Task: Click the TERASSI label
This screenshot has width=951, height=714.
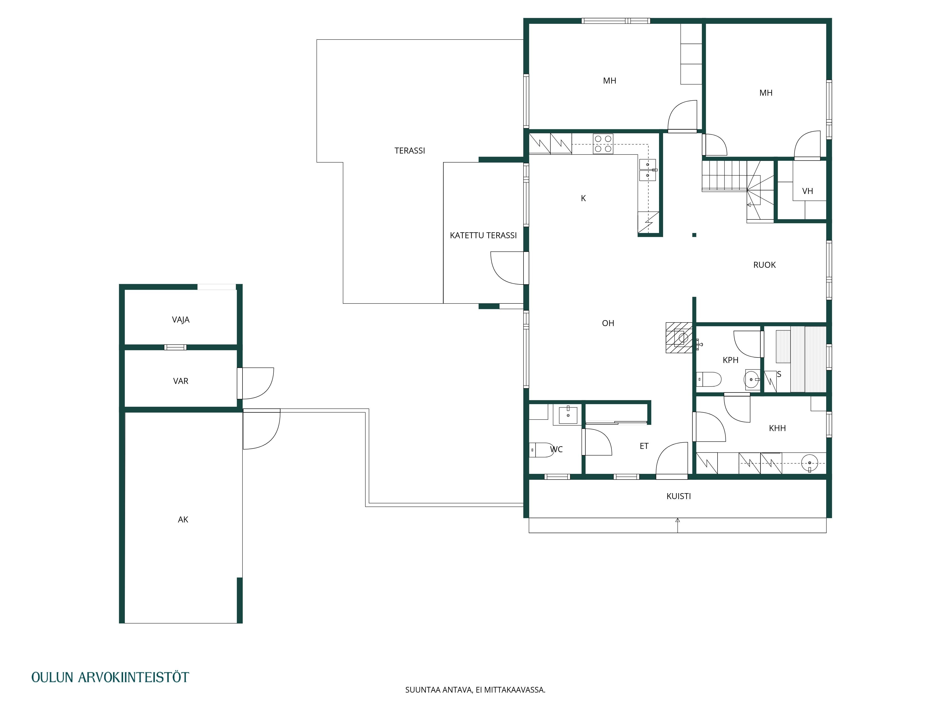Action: pyautogui.click(x=410, y=151)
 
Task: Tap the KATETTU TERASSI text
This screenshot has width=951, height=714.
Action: pyautogui.click(x=483, y=235)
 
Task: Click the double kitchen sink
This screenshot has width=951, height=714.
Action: pyautogui.click(x=647, y=170)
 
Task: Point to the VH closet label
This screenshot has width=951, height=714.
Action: pyautogui.click(x=807, y=191)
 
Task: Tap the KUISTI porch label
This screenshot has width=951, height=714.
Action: pyautogui.click(x=679, y=496)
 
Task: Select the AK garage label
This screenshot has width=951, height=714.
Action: pyautogui.click(x=183, y=520)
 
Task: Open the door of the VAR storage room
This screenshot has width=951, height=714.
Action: pyautogui.click(x=255, y=383)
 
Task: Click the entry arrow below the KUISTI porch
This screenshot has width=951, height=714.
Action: pyautogui.click(x=678, y=525)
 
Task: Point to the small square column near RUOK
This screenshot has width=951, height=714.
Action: pyautogui.click(x=694, y=235)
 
